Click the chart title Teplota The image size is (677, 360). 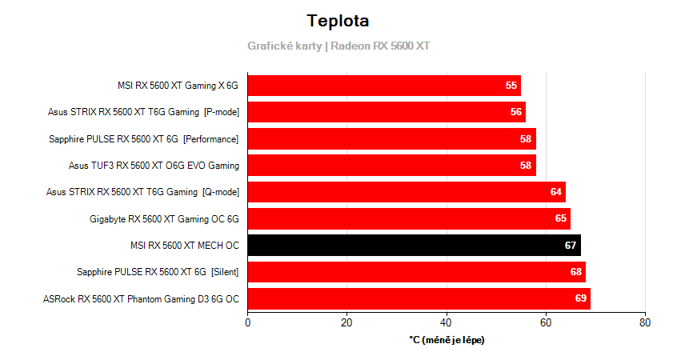pyautogui.click(x=338, y=21)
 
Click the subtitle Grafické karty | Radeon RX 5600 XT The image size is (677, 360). pyautogui.click(x=338, y=46)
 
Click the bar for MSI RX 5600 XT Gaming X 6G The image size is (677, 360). pyautogui.click(x=384, y=86)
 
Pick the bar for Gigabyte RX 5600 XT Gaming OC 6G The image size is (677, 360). pyautogui.click(x=409, y=218)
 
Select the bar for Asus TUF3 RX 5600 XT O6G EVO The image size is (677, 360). pyautogui.click(x=391, y=166)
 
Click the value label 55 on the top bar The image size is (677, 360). pyautogui.click(x=511, y=86)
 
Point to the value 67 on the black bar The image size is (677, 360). pyautogui.click(x=571, y=245)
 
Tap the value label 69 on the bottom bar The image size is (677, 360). pyautogui.click(x=581, y=298)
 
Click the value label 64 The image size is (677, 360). pyautogui.click(x=556, y=192)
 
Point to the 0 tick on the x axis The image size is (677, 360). pyautogui.click(x=247, y=322)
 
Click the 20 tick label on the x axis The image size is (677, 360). pyautogui.click(x=347, y=322)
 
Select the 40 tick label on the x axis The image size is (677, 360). pyautogui.click(x=446, y=322)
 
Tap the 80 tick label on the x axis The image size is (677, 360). pyautogui.click(x=645, y=322)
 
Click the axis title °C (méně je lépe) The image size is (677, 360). pyautogui.click(x=447, y=340)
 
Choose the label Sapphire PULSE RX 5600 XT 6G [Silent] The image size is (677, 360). pyautogui.click(x=158, y=272)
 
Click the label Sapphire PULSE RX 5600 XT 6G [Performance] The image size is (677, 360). pyautogui.click(x=144, y=139)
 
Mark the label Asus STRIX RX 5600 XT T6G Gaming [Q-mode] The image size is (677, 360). pyautogui.click(x=142, y=192)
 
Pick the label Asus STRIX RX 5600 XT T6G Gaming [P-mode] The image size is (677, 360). pyautogui.click(x=143, y=112)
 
